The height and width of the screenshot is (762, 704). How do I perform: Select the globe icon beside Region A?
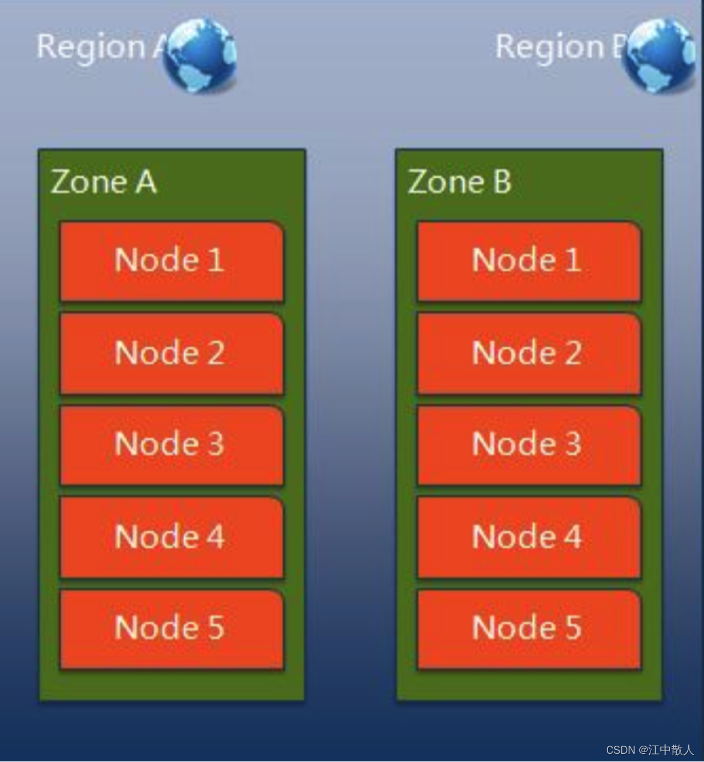[x=200, y=55]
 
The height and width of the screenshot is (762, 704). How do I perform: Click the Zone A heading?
[x=104, y=181]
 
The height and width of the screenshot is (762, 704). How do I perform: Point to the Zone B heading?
[x=460, y=181]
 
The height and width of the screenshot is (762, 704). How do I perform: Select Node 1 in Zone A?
[x=171, y=261]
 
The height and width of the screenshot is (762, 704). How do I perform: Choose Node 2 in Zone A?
[x=171, y=353]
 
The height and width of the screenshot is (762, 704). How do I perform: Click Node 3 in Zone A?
[x=171, y=445]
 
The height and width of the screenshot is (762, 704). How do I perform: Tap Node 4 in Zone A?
[x=171, y=537]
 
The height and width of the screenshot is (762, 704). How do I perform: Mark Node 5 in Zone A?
[x=171, y=629]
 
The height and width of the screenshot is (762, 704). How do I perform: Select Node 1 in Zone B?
[x=528, y=261]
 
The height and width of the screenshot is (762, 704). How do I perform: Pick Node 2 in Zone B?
[x=528, y=353]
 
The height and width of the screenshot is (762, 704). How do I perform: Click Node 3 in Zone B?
[x=528, y=445]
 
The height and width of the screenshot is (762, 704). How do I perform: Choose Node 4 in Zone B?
[x=528, y=537]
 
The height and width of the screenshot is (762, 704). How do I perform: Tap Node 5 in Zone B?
[x=528, y=629]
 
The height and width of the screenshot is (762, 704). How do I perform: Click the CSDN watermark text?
[x=650, y=750]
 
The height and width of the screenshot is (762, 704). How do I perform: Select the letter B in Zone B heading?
[x=502, y=181]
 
